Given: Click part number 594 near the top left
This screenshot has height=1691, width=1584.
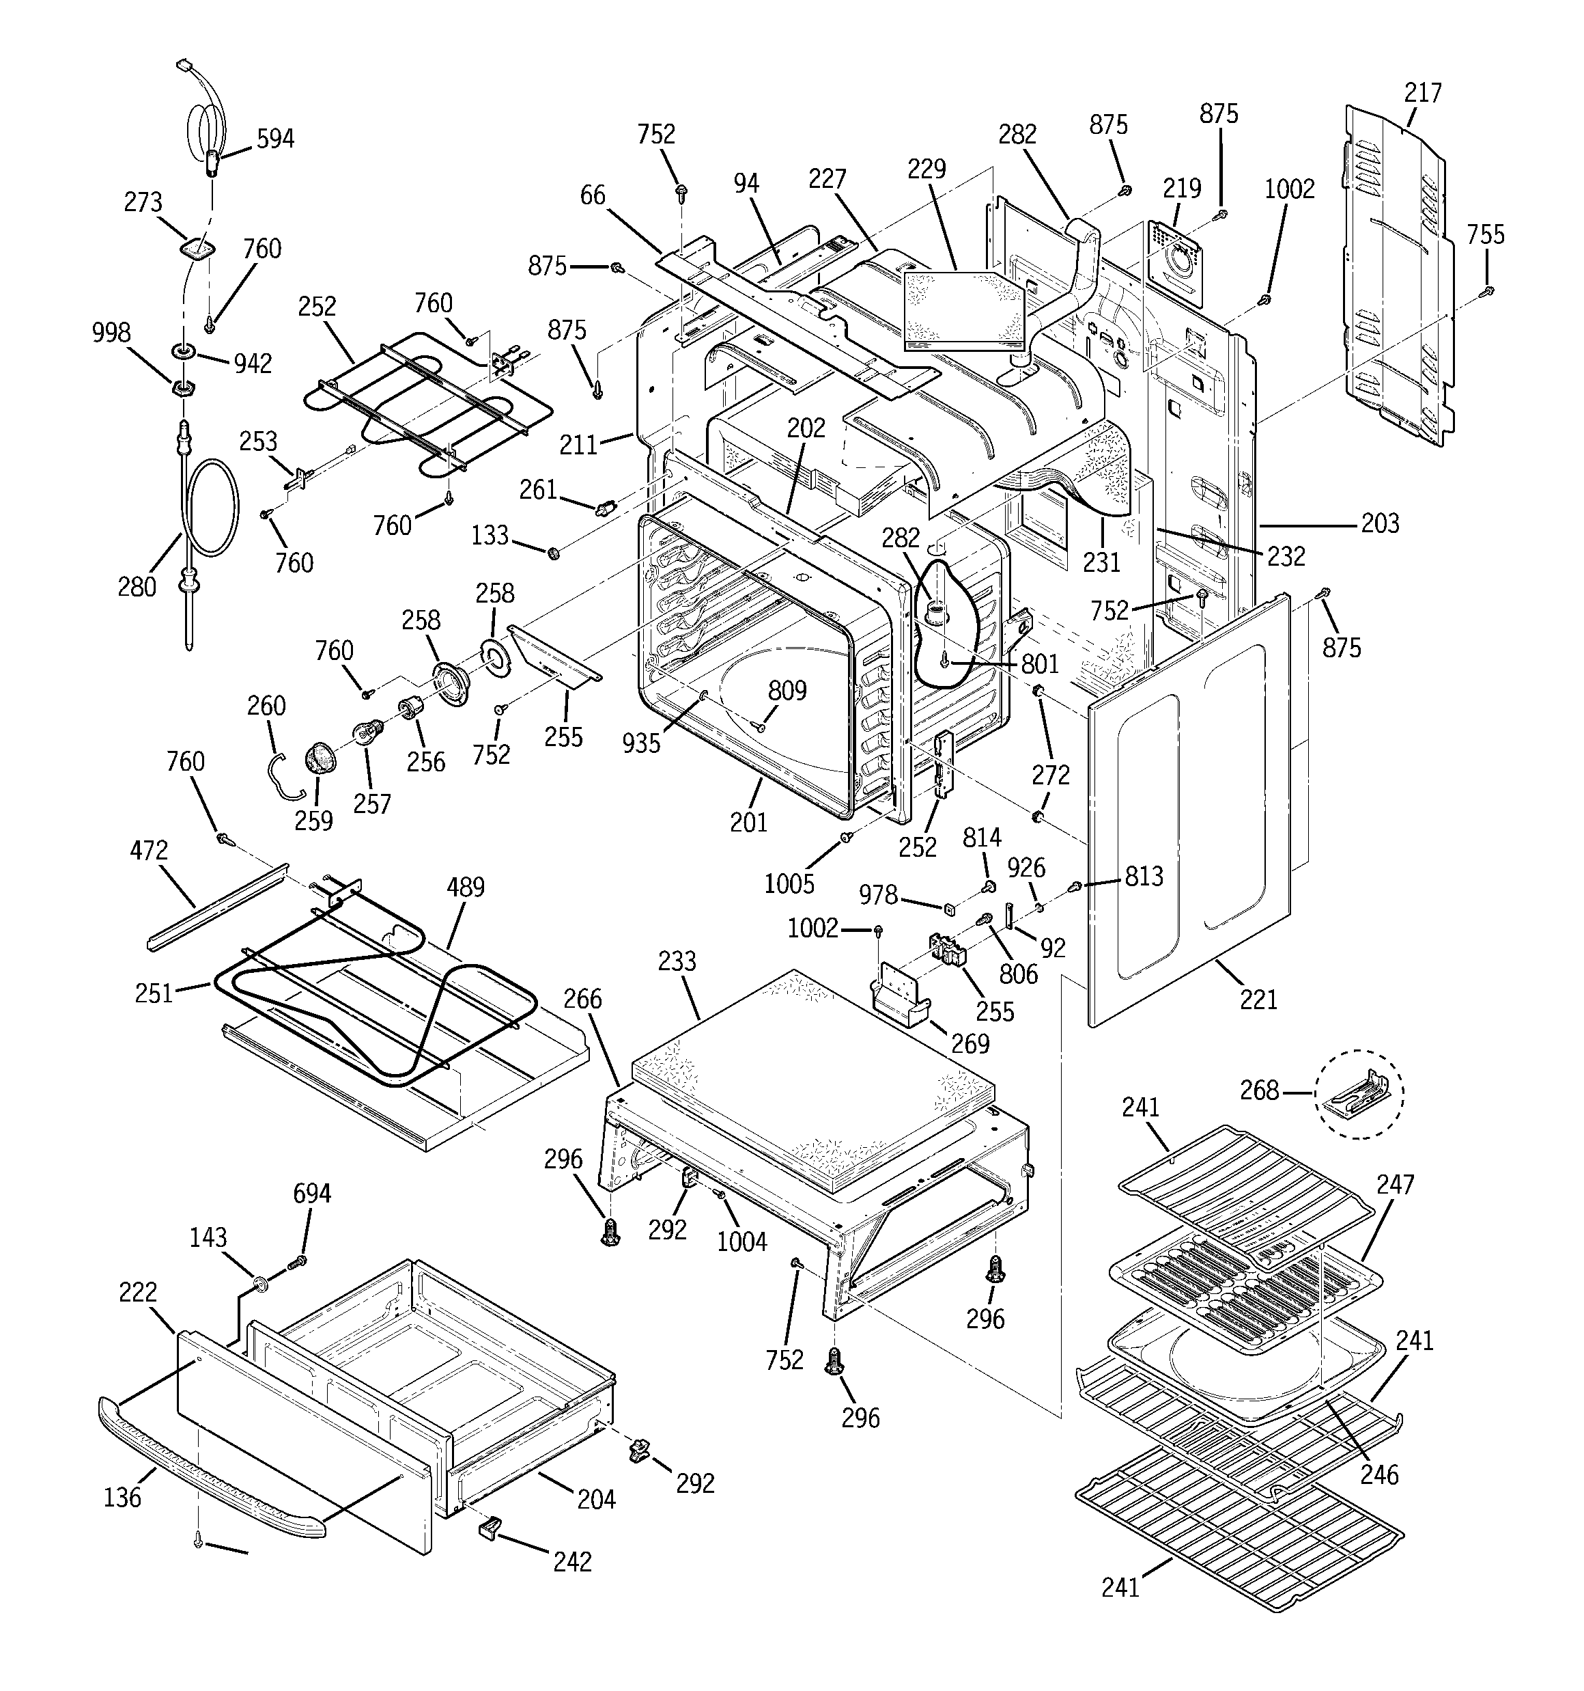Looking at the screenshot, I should click(x=274, y=139).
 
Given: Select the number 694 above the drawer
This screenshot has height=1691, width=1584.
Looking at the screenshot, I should click(x=311, y=1194).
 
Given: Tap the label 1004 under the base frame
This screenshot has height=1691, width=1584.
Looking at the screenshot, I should click(x=741, y=1243).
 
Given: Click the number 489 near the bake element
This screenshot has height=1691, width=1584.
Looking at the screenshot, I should click(x=465, y=888).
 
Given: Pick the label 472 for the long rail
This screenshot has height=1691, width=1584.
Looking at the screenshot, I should click(x=149, y=850).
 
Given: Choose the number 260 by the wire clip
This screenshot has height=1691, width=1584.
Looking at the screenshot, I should click(x=266, y=705).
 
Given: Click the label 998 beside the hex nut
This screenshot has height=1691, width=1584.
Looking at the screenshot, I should click(x=111, y=333).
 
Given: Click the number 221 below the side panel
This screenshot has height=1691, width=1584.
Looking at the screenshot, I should click(x=1258, y=999).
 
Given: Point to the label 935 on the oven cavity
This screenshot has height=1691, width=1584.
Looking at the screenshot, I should click(x=641, y=743).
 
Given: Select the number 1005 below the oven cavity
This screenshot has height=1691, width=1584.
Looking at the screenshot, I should click(x=789, y=884).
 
